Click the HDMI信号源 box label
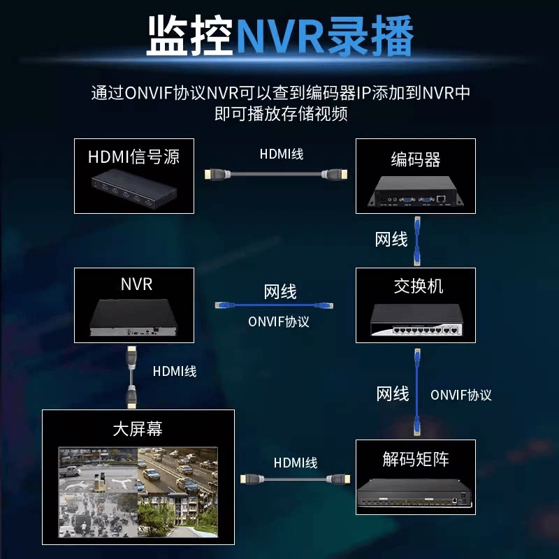pyautogui.click(x=133, y=156)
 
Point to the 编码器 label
pyautogui.click(x=416, y=159)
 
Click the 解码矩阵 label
pyautogui.click(x=416, y=459)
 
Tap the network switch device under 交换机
pyautogui.click(x=416, y=319)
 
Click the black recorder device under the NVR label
pyautogui.click(x=135, y=319)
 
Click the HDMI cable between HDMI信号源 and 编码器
pyautogui.click(x=275, y=174)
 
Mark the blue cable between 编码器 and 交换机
pyautogui.click(x=417, y=241)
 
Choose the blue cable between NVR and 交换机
pyautogui.click(x=274, y=305)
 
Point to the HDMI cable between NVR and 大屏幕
pyautogui.click(x=130, y=377)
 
